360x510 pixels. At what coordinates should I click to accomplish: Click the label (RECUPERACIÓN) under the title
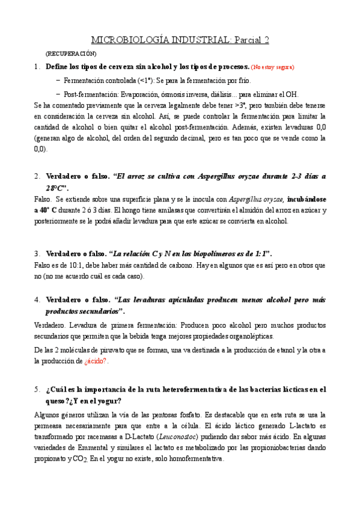(x=71, y=54)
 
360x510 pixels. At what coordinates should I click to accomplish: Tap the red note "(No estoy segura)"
(x=273, y=67)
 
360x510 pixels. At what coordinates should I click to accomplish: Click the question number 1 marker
(x=37, y=66)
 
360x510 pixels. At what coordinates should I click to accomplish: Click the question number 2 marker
(x=37, y=177)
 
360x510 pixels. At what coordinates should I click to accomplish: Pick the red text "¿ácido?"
(x=96, y=361)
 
